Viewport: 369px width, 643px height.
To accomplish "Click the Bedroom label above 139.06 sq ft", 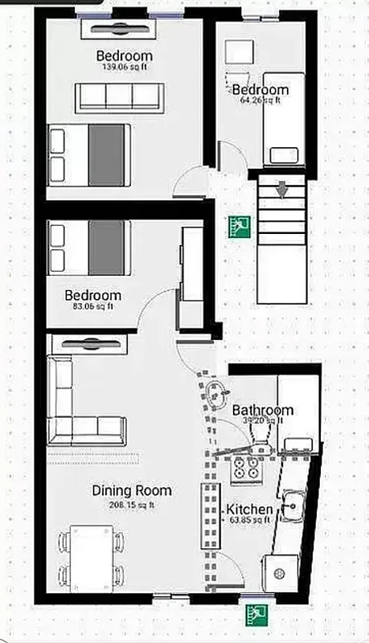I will pyautogui.click(x=124, y=56).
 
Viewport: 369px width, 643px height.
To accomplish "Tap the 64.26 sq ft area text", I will pyautogui.click(x=260, y=101).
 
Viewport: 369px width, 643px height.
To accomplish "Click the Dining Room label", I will pyautogui.click(x=131, y=490).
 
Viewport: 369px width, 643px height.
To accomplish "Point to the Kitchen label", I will pyautogui.click(x=248, y=510).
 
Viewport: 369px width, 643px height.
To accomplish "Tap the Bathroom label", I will pyautogui.click(x=263, y=410).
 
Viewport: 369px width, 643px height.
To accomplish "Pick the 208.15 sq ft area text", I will pyautogui.click(x=131, y=504).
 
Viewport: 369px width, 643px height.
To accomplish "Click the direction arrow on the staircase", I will pyautogui.click(x=282, y=190).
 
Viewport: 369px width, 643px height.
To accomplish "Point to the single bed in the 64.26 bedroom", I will pyautogui.click(x=286, y=121).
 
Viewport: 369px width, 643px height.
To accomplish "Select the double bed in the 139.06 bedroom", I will pyautogui.click(x=89, y=155).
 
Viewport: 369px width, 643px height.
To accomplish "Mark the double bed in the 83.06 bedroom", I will pyautogui.click(x=89, y=247).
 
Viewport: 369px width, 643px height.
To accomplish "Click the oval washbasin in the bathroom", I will pyautogui.click(x=215, y=395).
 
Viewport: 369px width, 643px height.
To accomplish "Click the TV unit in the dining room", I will pyautogui.click(x=88, y=344).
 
